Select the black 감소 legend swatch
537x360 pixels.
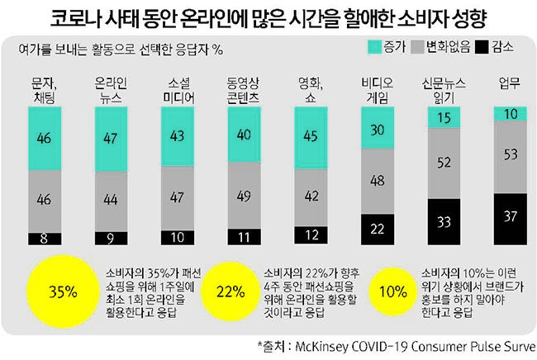[482, 46]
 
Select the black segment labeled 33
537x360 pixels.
[443, 221]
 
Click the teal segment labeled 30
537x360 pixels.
[378, 130]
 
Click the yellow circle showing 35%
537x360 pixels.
[63, 291]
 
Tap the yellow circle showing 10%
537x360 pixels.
[397, 291]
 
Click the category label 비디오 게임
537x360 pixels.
[378, 89]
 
